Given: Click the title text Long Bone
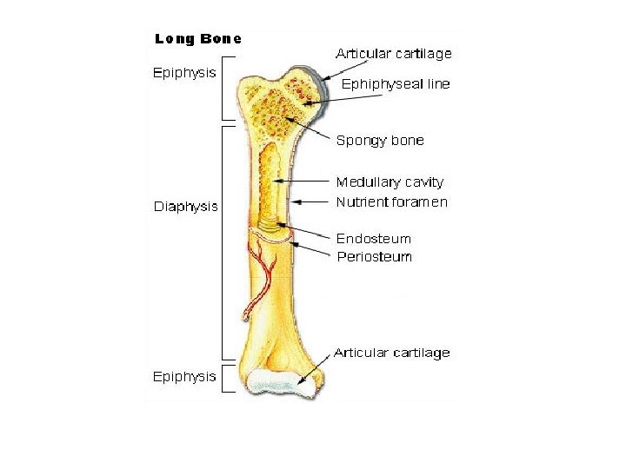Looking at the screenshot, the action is (x=197, y=38).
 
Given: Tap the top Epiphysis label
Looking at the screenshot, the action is (x=183, y=73).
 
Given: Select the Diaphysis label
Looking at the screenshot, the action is (x=185, y=207).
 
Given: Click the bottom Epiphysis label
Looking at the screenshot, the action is (x=183, y=377).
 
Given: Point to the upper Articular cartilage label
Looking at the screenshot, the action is (x=395, y=54).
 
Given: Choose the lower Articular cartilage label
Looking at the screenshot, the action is (x=392, y=353).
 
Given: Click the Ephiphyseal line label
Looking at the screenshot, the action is (x=396, y=84).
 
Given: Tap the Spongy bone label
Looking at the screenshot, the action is (x=380, y=141).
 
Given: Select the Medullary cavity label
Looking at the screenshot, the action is (x=390, y=182).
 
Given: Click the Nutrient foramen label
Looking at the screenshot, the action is (x=391, y=202).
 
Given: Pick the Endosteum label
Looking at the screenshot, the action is (x=374, y=239).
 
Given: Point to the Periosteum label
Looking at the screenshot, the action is (x=375, y=256).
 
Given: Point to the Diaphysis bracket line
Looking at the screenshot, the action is (x=223, y=241).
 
